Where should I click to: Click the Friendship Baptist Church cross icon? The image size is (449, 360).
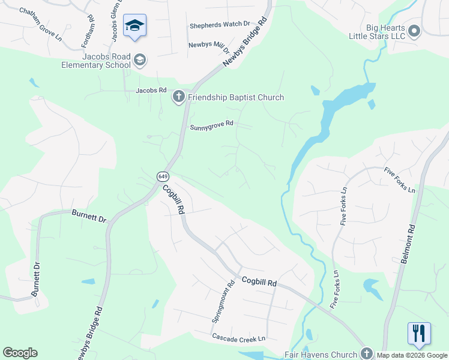179,97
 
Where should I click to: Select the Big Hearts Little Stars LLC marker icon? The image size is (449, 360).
414,31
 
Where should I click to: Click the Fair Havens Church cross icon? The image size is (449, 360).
367,354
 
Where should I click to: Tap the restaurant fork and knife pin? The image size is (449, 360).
419,334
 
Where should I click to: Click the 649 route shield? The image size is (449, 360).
163,176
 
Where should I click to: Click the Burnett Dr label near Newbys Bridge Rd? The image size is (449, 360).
89,215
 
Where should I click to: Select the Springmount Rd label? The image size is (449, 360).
221,302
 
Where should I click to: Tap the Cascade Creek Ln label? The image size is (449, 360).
238,338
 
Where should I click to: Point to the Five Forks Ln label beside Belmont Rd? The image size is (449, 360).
400,180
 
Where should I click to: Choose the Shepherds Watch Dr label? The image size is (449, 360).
220,25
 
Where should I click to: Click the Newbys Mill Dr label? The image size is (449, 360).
209,45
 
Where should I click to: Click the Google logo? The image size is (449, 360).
20,353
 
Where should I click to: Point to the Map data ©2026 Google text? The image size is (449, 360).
412,355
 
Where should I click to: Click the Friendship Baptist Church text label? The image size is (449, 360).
236,97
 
